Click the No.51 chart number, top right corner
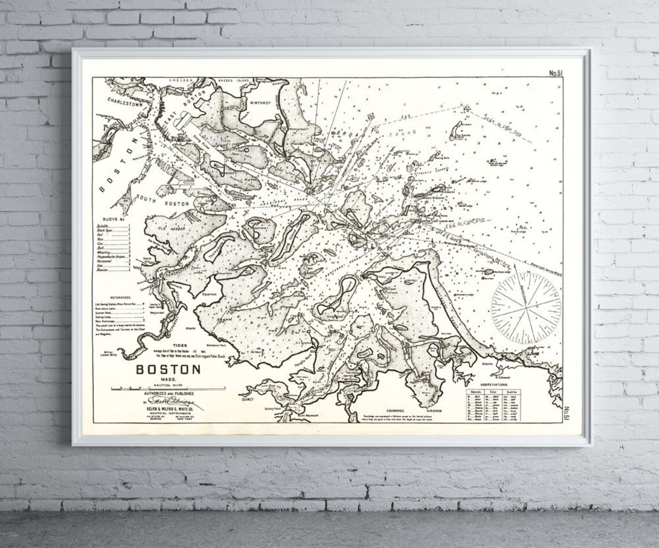pyautogui.click(x=556, y=73)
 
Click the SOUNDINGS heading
pyautogui.click(x=388, y=410)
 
